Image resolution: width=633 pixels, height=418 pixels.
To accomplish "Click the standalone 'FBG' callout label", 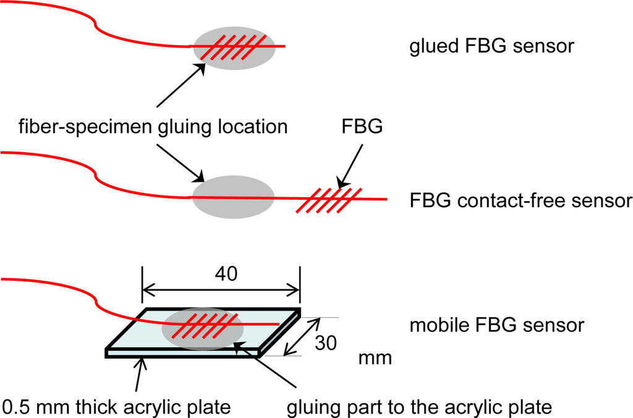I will point(362,127).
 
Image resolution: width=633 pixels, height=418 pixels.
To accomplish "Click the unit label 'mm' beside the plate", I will point(374,358).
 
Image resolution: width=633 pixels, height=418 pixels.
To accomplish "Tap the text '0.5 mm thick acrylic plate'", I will point(117,407).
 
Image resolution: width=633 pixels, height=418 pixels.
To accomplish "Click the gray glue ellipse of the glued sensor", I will point(234,46).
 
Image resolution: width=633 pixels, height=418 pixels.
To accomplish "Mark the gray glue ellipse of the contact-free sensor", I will point(232,197).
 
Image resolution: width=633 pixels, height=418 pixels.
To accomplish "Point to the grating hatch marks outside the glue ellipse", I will point(325,199).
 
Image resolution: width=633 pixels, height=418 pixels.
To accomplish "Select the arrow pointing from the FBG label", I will point(347,164).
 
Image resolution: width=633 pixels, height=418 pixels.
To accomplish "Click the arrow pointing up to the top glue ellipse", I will point(181,85).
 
